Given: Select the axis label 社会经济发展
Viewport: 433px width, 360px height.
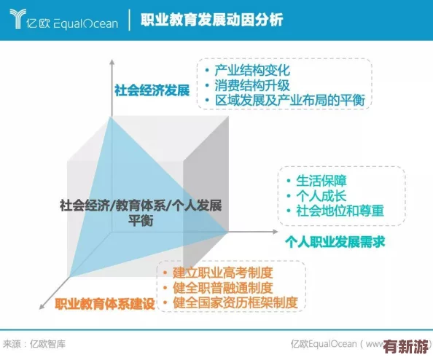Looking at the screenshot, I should pos(152,90).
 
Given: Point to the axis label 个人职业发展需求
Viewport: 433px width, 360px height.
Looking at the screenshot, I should pos(335,241).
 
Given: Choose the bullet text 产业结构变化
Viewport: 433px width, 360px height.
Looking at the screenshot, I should pos(252,71).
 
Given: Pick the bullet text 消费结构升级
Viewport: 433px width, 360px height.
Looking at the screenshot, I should pos(252,85).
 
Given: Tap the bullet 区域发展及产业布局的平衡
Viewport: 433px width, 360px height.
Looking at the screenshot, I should pos(289,100).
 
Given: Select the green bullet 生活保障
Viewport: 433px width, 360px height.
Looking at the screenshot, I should pos(321,181).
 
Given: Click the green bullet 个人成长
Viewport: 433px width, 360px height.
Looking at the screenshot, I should pos(321,196).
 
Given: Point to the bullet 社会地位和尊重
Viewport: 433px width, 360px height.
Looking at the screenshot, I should pos(340,211).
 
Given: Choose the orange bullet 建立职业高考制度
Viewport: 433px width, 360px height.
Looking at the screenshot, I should pos(223,273).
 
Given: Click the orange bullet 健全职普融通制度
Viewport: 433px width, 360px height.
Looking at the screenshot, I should pos(223,287).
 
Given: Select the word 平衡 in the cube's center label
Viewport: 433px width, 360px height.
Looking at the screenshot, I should pos(140,222).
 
